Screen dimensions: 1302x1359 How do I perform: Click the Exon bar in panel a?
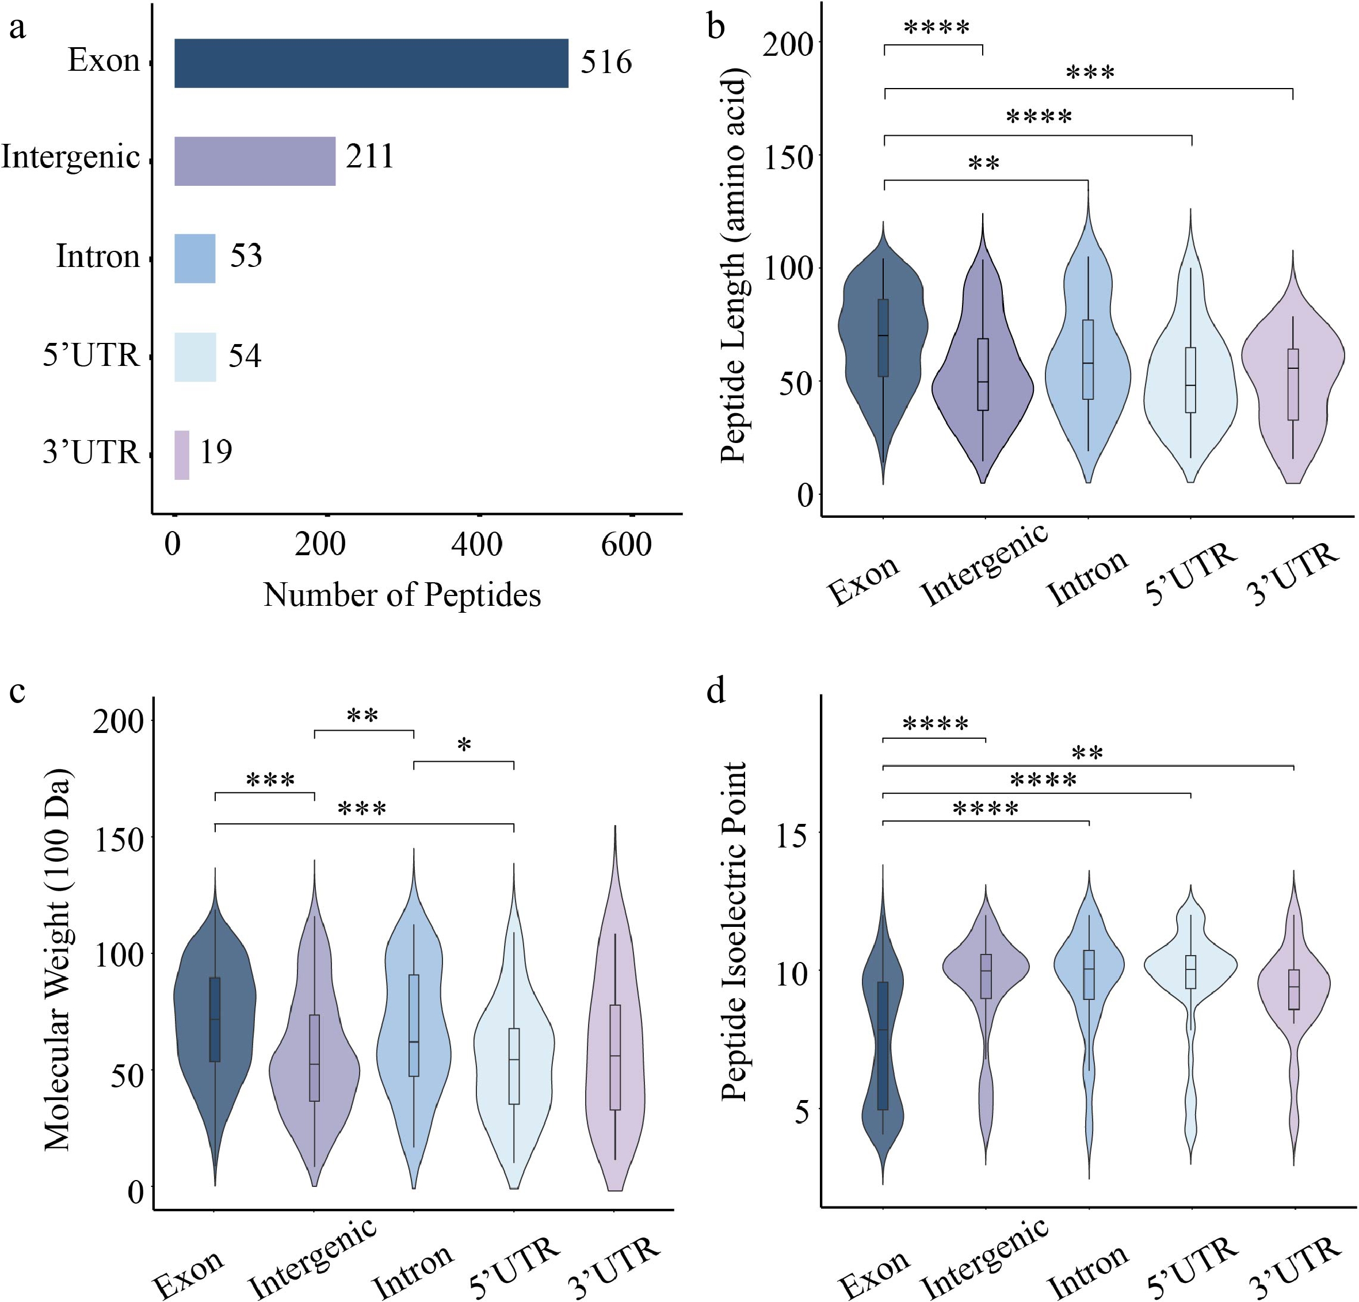(371, 63)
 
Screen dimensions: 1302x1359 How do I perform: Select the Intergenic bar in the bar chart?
(254, 161)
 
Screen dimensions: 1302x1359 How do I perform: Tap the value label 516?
(606, 62)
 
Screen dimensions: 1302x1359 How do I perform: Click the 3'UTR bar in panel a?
(182, 455)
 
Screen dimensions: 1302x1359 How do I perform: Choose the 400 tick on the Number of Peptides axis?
(477, 545)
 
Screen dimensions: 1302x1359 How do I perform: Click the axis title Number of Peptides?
(402, 595)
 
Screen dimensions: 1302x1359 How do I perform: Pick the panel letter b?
(716, 26)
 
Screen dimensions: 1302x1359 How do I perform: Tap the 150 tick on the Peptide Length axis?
(788, 158)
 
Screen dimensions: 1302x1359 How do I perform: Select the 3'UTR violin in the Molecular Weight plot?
(615, 1040)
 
